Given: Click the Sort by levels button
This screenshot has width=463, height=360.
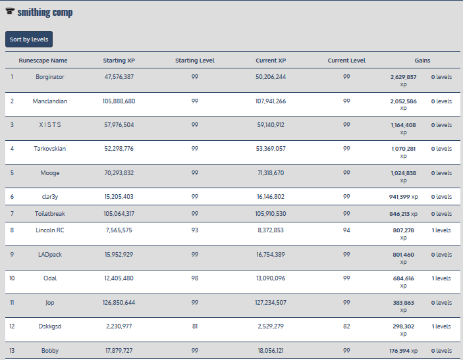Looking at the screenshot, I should pos(29,39).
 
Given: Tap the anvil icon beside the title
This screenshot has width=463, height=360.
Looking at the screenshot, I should pos(10,13).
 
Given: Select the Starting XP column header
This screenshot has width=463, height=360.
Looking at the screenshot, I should pos(119,61).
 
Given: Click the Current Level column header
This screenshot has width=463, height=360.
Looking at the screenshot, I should pos(346,61).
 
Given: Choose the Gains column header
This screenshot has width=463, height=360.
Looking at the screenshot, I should pos(422,61).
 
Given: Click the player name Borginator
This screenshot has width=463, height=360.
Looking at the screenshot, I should pos(50,77).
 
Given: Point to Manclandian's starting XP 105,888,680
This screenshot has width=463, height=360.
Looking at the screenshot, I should pos(119,101).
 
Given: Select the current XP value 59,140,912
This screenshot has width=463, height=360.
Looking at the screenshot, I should pos(271,125).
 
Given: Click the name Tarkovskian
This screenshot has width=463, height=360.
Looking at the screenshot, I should pos(50,149).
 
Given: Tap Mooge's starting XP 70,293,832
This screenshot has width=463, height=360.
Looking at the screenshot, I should pos(119,173).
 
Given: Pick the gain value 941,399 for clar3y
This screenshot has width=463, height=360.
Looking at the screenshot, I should pos(404,197).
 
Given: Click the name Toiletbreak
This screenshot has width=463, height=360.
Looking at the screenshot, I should pos(50,214).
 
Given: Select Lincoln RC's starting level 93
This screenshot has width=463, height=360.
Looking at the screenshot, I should pos(195,230).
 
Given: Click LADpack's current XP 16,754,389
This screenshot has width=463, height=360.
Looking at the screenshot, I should pos(271,255).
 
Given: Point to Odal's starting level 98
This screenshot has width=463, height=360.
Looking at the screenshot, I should pos(195,278).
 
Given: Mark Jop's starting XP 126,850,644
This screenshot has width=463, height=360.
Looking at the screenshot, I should pos(119,303).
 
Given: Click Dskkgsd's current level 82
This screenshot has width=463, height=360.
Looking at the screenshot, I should pos(346,326).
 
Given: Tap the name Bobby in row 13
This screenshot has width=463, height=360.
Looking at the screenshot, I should pos(50,351).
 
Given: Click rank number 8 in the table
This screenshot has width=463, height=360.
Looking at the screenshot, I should pos(12,230).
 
